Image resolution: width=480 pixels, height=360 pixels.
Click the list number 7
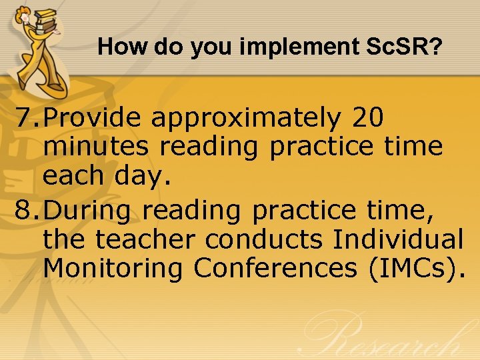tap(25, 118)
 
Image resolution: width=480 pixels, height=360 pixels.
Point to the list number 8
tap(25, 210)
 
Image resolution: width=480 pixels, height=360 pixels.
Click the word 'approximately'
tap(245, 118)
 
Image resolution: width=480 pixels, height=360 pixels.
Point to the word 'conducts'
tap(269, 239)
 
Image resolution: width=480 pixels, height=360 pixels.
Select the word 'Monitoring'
tap(113, 268)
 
